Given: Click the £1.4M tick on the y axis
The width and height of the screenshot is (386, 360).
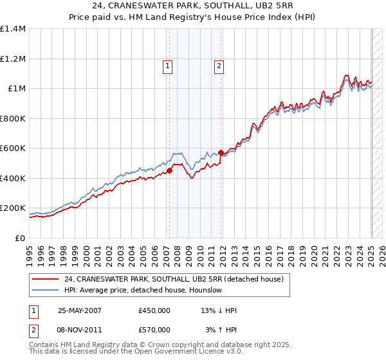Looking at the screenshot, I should pos(13,29).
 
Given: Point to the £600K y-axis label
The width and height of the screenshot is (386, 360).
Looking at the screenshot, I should pos(13,148).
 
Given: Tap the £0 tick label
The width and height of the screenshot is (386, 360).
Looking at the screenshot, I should pos(19,239).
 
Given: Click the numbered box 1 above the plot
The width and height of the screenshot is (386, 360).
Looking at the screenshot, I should pos(167,65).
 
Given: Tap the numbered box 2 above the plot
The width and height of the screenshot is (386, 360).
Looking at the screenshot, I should pos(219,65).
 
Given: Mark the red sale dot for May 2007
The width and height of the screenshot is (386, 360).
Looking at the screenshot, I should pos(170,171).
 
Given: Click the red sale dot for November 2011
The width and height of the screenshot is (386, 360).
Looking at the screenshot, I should pos(221,153).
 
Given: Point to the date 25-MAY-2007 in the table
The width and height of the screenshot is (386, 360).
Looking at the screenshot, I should pos(80,310).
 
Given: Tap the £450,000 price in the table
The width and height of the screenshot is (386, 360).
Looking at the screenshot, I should pos(154,310).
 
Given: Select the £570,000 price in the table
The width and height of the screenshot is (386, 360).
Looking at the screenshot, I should pos(154,330).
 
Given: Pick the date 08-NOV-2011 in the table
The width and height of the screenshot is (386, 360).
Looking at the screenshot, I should pos(80,330).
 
